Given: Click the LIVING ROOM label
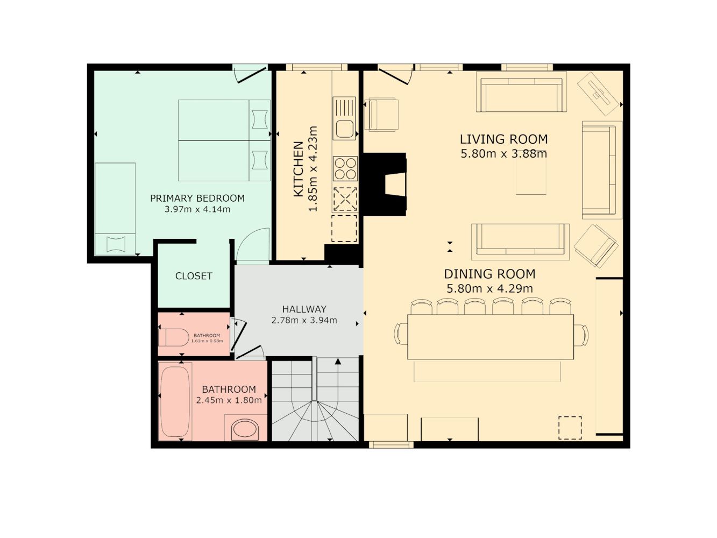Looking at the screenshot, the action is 503,139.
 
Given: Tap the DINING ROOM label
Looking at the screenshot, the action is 489,274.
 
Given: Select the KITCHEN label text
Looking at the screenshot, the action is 299,169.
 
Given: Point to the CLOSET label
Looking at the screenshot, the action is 194,276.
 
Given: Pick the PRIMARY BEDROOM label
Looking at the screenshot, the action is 197,198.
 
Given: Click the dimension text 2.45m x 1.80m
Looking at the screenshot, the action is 229,400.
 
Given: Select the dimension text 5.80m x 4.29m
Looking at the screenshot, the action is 489,288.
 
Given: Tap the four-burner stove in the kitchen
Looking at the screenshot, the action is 345,168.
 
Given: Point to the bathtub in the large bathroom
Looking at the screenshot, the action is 175,402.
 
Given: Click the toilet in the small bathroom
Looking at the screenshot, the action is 174,337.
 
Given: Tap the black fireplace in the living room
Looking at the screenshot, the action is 385,184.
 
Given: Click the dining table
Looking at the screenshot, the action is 491,337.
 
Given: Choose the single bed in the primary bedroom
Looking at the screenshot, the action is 115,209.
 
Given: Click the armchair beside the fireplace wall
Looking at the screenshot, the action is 382,115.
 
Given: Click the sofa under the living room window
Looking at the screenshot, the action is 521,92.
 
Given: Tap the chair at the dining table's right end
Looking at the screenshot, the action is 581,335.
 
